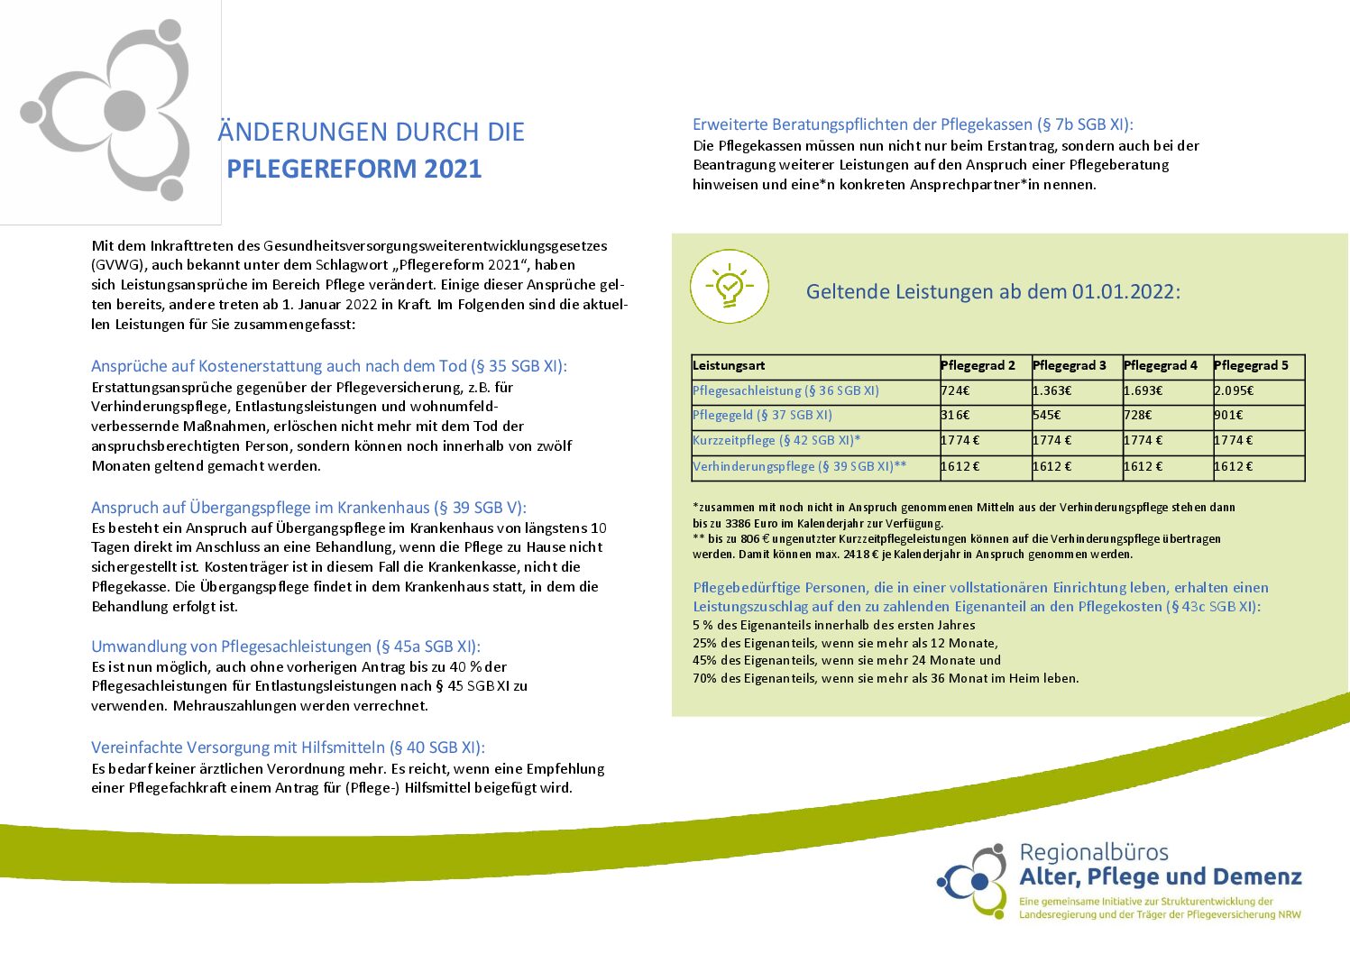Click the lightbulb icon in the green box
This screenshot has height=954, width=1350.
730,287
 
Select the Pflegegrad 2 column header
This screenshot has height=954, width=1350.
978,366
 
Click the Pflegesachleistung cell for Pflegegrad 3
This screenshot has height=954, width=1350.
1052,391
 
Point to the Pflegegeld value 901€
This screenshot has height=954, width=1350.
1228,416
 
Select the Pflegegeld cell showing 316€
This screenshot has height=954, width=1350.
955,416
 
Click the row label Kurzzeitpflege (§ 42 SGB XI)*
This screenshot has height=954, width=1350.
776,441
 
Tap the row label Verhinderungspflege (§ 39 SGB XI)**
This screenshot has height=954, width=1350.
799,467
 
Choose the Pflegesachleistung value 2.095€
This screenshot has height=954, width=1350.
1234,391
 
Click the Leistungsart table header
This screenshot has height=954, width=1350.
729,366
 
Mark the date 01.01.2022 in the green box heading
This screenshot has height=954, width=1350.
1123,292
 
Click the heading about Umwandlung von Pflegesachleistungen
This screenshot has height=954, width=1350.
285,647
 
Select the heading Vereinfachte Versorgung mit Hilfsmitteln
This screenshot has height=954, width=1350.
288,748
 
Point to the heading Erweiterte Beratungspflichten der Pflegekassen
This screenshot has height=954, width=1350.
912,125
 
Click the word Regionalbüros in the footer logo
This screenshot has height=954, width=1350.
1093,853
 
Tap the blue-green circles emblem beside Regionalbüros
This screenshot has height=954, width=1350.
972,879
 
